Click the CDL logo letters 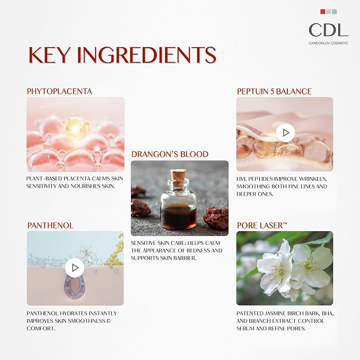tap(328, 30)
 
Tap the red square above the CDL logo tap(322, 12)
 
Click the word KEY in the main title tap(49, 55)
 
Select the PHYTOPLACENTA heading tap(59, 91)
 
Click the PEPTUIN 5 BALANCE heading tap(274, 91)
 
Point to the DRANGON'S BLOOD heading tap(170, 154)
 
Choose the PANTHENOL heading tap(50, 225)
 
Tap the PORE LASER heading tap(262, 225)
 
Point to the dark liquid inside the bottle tap(178, 216)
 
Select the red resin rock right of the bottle tap(216, 218)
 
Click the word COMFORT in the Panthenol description tap(41, 329)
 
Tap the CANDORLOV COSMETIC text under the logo tap(329, 43)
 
